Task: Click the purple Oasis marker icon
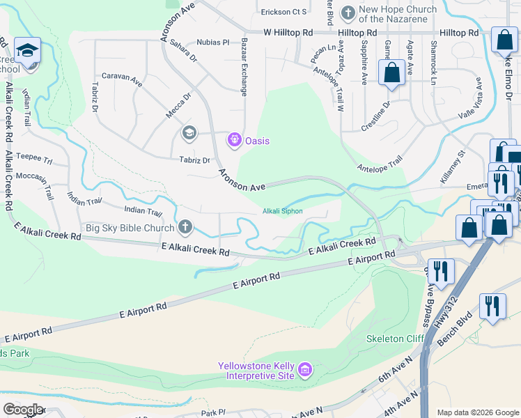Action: [234, 141]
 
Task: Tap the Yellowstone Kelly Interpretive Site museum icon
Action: [304, 370]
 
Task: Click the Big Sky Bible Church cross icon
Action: [185, 226]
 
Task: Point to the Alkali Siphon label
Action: [282, 211]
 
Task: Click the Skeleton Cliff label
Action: [394, 339]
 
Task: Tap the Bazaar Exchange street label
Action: [244, 67]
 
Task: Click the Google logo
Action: [22, 410]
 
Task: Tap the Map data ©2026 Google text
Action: [477, 412]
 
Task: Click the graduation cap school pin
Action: [28, 51]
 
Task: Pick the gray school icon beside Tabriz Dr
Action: [189, 132]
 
